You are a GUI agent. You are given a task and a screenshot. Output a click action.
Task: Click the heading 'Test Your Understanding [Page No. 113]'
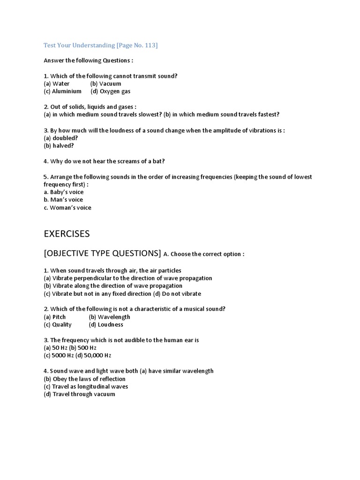(x=100, y=45)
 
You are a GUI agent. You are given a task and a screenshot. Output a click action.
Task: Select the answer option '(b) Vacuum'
(x=105, y=83)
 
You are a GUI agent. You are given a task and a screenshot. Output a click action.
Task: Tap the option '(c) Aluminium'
(x=62, y=91)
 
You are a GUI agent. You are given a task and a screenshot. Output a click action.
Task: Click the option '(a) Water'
(x=56, y=83)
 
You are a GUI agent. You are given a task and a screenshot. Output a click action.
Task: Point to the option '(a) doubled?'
(x=60, y=138)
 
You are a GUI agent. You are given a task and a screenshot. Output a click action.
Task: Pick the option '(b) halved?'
(x=59, y=145)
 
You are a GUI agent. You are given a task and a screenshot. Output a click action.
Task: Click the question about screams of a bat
(x=104, y=161)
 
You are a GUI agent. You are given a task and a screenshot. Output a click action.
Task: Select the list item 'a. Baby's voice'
(x=63, y=192)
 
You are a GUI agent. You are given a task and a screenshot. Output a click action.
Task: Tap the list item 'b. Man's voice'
(x=63, y=200)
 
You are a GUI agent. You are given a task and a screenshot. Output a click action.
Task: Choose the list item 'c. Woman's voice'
(x=67, y=207)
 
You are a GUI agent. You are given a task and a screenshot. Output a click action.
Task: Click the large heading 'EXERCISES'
(x=67, y=233)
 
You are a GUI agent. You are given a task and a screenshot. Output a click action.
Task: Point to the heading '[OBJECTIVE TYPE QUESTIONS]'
(x=102, y=254)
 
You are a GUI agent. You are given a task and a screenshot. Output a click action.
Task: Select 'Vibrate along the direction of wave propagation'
(x=113, y=285)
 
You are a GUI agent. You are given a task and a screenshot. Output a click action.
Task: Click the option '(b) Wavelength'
(x=109, y=316)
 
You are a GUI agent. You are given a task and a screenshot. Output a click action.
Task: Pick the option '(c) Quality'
(x=58, y=324)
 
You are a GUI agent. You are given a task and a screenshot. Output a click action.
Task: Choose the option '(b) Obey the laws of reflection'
(x=84, y=379)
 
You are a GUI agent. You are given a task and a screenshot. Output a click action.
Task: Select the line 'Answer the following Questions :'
(x=89, y=60)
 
